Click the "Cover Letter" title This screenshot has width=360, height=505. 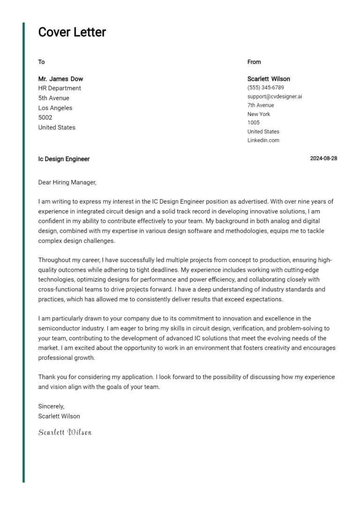pyautogui.click(x=72, y=32)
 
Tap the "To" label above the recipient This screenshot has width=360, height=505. pyautogui.click(x=41, y=62)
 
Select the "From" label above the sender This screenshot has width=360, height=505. pyautogui.click(x=254, y=62)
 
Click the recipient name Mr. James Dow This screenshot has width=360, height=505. pyautogui.click(x=60, y=79)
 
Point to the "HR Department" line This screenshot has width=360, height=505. pyautogui.click(x=60, y=88)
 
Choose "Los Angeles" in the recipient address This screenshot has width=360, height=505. pyautogui.click(x=55, y=108)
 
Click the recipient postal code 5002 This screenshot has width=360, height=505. pyautogui.click(x=45, y=118)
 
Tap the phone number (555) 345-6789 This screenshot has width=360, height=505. pyautogui.click(x=265, y=88)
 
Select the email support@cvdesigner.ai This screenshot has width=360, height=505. pyautogui.click(x=275, y=97)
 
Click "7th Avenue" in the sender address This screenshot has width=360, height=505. pyautogui.click(x=261, y=105)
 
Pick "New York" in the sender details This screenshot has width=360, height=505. pyautogui.click(x=259, y=114)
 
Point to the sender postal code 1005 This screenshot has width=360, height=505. pyautogui.click(x=253, y=123)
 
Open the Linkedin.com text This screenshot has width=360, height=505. pyautogui.click(x=263, y=141)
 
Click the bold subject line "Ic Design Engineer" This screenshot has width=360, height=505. pyautogui.click(x=64, y=159)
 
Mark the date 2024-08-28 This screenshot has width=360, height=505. pyautogui.click(x=323, y=158)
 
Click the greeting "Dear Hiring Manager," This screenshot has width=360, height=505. pyautogui.click(x=67, y=182)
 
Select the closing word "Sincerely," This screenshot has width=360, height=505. pyautogui.click(x=51, y=406)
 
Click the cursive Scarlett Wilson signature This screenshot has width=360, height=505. pyautogui.click(x=65, y=432)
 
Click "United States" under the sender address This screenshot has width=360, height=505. pyautogui.click(x=263, y=132)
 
